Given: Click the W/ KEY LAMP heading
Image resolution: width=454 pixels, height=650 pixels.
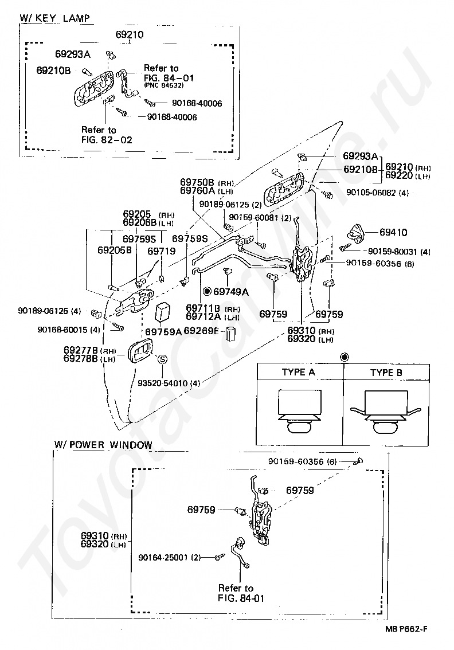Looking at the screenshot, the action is [x=54, y=18].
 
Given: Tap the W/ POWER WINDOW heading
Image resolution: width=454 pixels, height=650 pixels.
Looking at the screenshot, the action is [x=103, y=445].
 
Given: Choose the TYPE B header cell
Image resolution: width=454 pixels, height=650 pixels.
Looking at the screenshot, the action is [x=386, y=372].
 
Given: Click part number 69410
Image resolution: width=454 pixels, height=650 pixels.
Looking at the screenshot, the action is [x=393, y=232].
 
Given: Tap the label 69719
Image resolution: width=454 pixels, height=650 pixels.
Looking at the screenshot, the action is [x=162, y=251].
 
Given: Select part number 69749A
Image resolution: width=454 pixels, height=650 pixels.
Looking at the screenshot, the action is [x=231, y=292].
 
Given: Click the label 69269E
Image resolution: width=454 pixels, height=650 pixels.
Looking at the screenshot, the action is [x=202, y=330].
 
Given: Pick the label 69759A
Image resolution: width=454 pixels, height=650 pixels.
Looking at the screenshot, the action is [x=164, y=332].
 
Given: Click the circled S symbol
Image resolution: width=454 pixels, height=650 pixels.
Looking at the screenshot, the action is [x=163, y=359].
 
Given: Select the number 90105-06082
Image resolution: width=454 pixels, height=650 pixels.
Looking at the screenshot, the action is [x=372, y=193].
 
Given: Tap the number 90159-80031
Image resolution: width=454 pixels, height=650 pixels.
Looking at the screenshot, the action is [x=394, y=252].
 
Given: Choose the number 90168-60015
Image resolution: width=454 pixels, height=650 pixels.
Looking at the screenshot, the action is [x=63, y=330].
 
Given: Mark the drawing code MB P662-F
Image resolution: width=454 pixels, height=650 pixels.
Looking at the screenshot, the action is [x=406, y=629].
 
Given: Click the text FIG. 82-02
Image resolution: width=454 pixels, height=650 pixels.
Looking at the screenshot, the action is [x=107, y=140].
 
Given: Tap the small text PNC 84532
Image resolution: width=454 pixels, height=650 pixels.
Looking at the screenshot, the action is [x=164, y=85].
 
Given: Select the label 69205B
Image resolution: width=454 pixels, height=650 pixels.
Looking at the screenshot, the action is [x=115, y=250].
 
